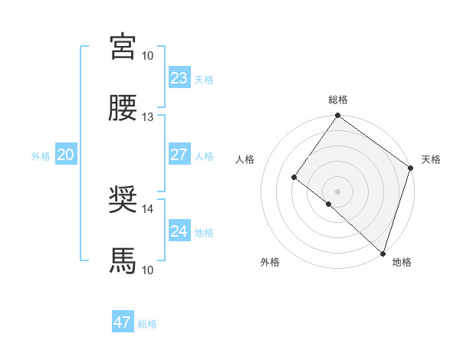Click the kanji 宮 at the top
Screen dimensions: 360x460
coord(123,47)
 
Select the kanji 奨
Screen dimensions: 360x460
coord(123,201)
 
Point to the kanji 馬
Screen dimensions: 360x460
coord(123,261)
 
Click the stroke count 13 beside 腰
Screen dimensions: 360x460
coord(147,117)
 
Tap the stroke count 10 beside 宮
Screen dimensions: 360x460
coord(147,56)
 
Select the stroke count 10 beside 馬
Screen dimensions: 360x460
coord(147,270)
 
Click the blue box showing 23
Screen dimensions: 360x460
coord(179,78)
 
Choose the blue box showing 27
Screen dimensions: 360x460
coord(179,155)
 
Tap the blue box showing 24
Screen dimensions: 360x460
coord(179,231)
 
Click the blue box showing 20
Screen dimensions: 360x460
coord(65,155)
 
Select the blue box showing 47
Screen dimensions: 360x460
coord(123,322)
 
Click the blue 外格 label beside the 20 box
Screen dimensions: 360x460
coord(41,155)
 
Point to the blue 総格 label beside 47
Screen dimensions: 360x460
coord(147,324)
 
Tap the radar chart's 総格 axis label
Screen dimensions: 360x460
coord(337,100)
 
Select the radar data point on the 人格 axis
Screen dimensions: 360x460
coord(294,178)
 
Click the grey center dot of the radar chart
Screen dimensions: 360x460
coord(337,191)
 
